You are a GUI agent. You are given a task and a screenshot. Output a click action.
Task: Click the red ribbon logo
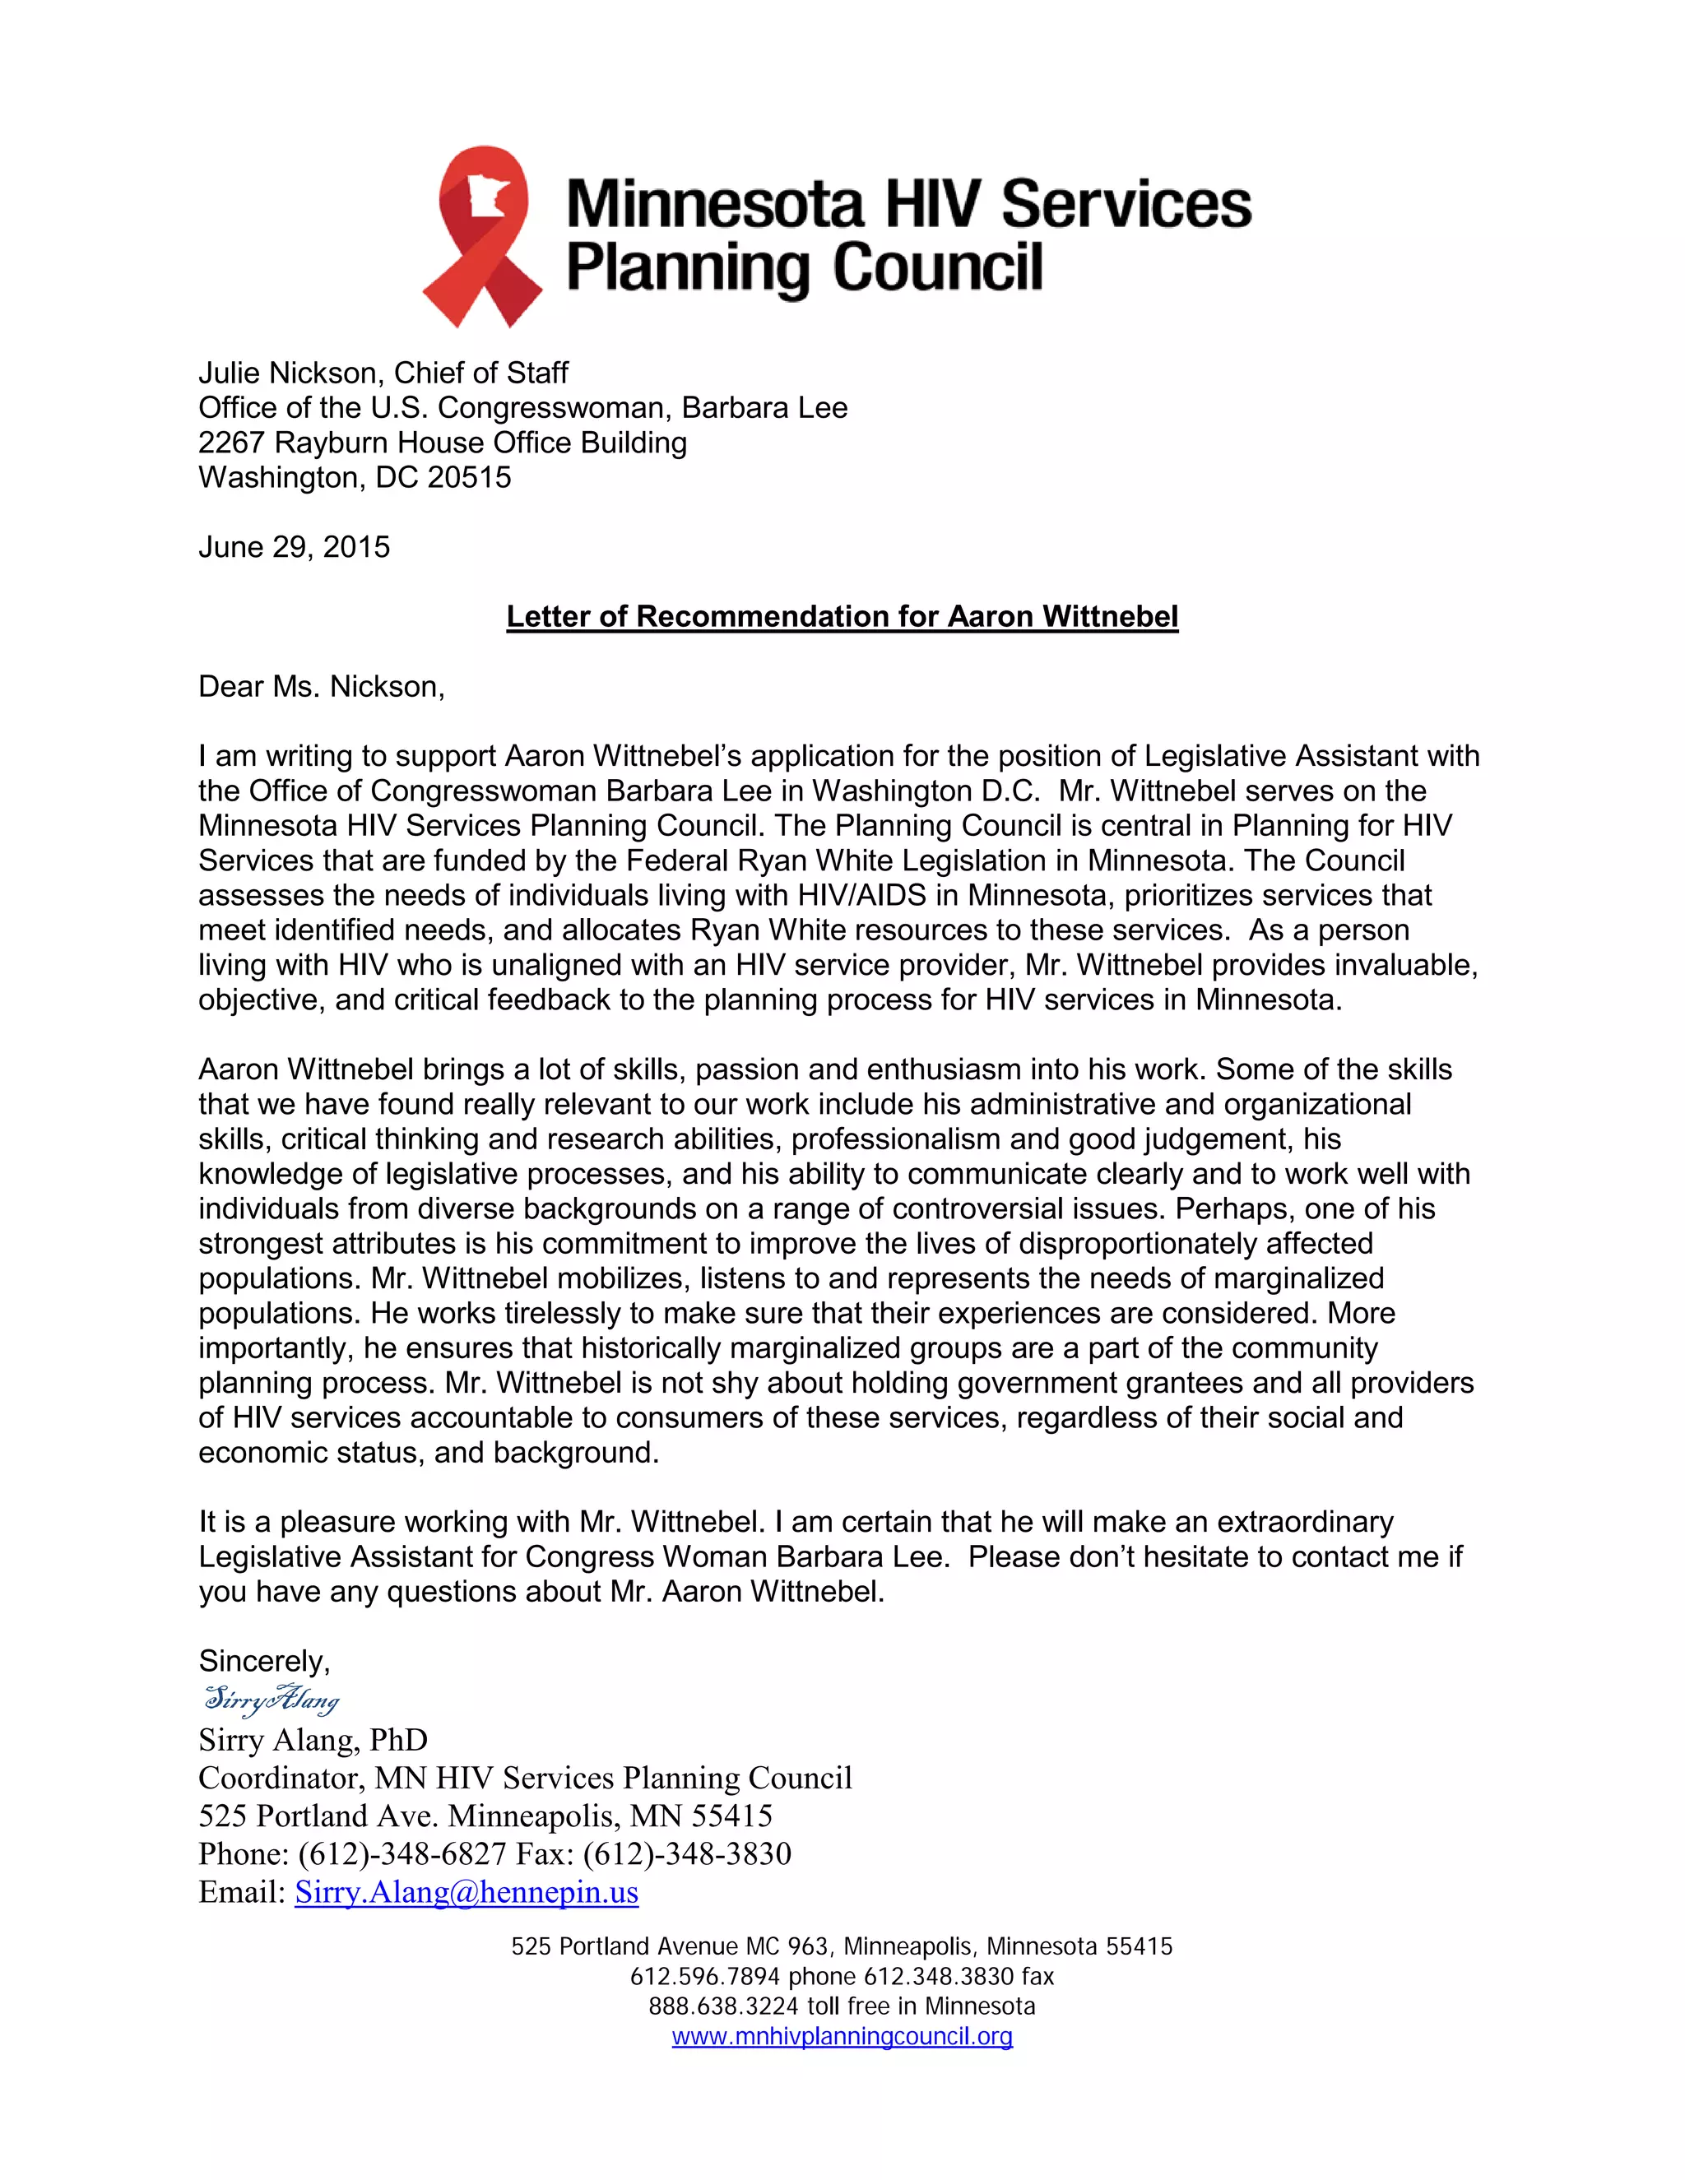[481, 238]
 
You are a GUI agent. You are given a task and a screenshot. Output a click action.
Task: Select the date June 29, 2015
[294, 547]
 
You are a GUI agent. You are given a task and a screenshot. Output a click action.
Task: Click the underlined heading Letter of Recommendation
[842, 616]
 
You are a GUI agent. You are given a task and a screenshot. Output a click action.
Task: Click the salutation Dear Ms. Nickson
[320, 686]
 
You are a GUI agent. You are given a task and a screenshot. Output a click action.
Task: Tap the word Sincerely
[263, 1661]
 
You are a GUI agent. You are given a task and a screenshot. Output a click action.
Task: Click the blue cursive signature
[272, 1698]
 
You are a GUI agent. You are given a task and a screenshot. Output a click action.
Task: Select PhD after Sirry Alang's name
[398, 1740]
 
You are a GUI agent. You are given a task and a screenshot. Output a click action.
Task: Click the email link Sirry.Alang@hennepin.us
[467, 1891]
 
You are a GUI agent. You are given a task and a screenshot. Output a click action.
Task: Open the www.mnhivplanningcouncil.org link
[842, 2036]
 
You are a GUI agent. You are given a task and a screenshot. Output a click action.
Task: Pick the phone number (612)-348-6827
[402, 1853]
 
